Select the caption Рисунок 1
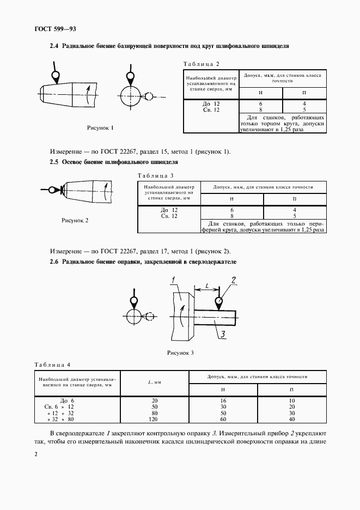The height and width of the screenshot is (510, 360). pyautogui.click(x=101, y=128)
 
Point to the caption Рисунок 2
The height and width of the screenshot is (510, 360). pyautogui.click(x=74, y=220)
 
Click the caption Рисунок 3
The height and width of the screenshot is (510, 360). pyautogui.click(x=180, y=353)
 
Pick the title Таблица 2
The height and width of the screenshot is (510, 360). pyautogui.click(x=202, y=63)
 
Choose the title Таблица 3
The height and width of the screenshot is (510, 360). pyautogui.click(x=156, y=175)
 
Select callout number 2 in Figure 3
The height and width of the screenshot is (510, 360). pyautogui.click(x=233, y=281)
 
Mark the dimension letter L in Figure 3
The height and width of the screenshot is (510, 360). pyautogui.click(x=208, y=285)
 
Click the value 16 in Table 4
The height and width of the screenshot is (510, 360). pyautogui.click(x=223, y=400)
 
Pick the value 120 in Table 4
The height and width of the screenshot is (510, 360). pyautogui.click(x=154, y=420)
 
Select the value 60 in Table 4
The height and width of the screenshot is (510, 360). pyautogui.click(x=223, y=420)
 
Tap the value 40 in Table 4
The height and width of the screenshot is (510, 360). pyautogui.click(x=292, y=420)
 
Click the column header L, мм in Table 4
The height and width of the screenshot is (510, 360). pyautogui.click(x=154, y=382)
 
